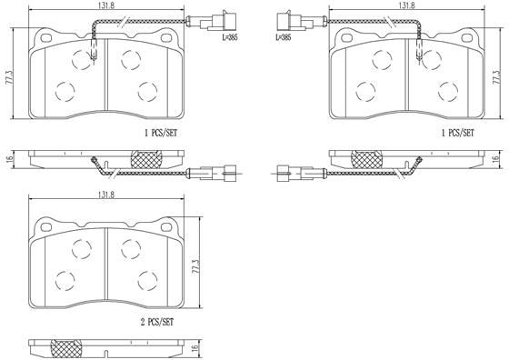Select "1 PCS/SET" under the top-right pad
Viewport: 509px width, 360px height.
(456, 132)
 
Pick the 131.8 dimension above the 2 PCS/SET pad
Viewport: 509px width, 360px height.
(106, 195)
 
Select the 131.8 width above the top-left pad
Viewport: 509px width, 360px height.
(106, 6)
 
